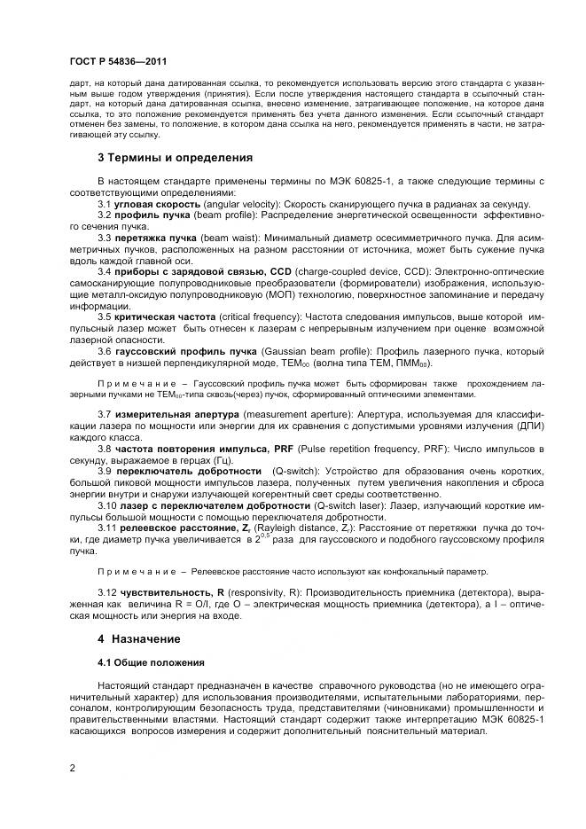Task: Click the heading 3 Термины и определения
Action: click(175, 158)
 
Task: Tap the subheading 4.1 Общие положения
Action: click(151, 662)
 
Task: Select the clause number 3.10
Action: click(107, 504)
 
